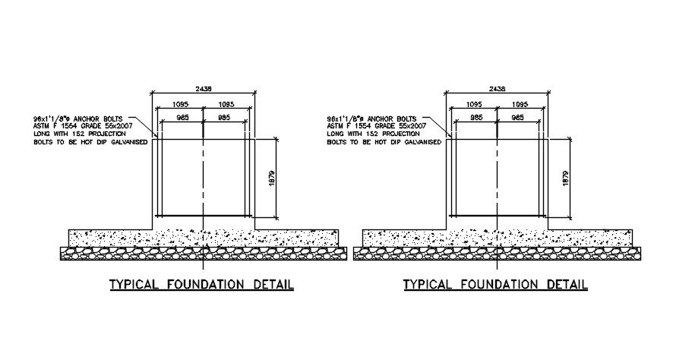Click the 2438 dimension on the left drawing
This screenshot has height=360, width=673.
coord(203,89)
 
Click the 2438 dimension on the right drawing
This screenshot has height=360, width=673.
coord(497,89)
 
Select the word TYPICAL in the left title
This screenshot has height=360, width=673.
coord(134,285)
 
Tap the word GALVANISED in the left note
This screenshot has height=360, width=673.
coord(122,142)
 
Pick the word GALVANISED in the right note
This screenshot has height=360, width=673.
coord(416,142)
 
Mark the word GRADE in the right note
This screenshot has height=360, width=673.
coord(381,126)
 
